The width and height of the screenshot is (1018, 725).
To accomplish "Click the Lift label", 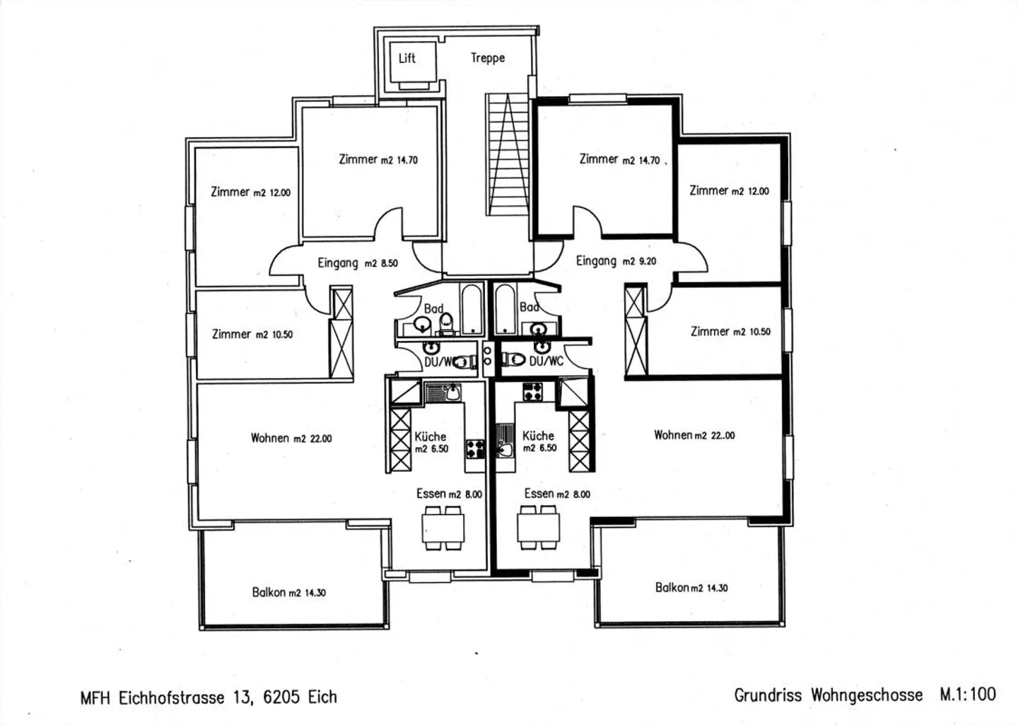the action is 406,58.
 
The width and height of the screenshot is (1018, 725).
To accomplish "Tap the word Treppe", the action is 488,58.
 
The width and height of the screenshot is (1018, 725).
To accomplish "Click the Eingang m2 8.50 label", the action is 358,263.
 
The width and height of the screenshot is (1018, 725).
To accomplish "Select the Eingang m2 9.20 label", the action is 616,261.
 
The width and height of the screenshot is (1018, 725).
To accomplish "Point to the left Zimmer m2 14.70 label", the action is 378,160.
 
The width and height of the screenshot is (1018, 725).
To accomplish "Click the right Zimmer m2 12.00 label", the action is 729,191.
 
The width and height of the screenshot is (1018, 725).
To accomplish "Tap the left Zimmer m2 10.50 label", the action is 252,335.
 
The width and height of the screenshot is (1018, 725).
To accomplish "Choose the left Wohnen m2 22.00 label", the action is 291,439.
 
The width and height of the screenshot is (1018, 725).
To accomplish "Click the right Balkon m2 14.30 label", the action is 691,588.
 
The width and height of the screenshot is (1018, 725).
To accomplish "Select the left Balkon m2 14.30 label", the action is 289,592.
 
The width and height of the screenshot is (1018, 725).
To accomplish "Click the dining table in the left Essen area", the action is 443,528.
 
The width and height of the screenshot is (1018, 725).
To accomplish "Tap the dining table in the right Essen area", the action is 539,528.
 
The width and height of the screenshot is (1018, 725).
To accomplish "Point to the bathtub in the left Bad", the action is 472,309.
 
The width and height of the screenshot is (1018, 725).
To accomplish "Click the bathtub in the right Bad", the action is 505,309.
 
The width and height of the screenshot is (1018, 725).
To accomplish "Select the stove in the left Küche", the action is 475,448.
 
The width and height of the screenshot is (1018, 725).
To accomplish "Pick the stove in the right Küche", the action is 532,392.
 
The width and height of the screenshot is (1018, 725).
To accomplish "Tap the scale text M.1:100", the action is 968,695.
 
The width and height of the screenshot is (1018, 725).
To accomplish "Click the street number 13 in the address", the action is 242,697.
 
